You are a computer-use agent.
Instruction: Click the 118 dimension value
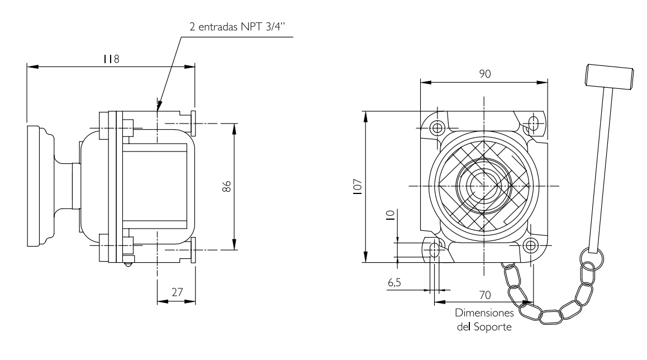[111, 59]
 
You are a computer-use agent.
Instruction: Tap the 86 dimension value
[226, 187]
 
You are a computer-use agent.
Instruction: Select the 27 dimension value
[177, 292]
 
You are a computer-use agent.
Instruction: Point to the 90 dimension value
[485, 74]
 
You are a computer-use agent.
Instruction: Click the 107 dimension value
[358, 187]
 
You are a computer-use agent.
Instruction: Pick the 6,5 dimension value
[394, 283]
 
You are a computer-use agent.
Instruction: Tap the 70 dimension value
[485, 295]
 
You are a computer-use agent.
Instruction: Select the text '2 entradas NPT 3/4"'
[237, 27]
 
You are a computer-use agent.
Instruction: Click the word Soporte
[492, 327]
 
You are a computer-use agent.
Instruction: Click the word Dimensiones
[484, 313]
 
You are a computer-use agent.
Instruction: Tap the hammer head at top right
[609, 77]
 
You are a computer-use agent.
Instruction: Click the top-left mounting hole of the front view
[437, 128]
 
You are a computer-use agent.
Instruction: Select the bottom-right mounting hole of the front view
[531, 245]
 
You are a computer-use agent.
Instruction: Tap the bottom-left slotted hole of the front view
[435, 249]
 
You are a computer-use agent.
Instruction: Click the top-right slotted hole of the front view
[534, 124]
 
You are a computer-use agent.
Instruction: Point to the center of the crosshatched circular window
[484, 186]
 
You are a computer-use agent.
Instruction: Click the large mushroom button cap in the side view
[40, 186]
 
